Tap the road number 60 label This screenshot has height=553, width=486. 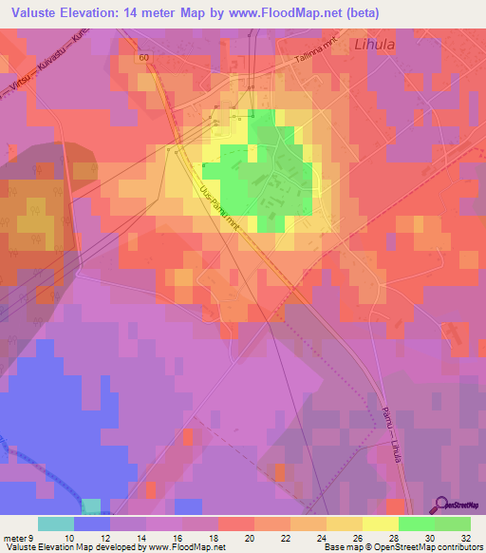[x=142, y=58]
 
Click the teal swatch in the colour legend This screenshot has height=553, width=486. [x=56, y=524]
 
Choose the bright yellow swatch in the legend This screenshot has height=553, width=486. [x=380, y=524]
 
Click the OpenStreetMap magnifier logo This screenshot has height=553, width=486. [x=442, y=505]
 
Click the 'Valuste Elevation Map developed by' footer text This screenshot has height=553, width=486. [x=66, y=547]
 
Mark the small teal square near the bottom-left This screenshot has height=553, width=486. [x=91, y=505]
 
